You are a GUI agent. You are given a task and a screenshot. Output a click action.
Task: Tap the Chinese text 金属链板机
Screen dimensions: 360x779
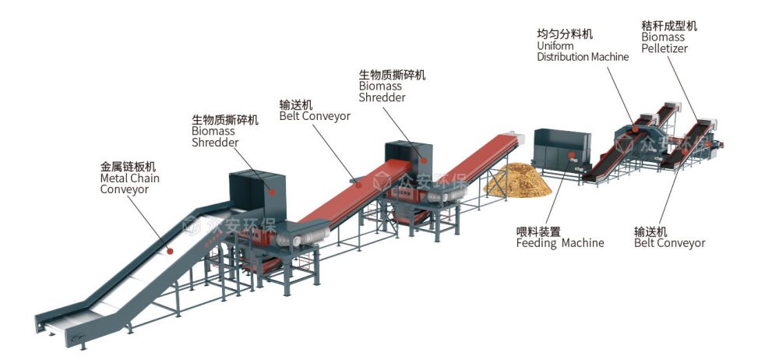pyautogui.click(x=128, y=167)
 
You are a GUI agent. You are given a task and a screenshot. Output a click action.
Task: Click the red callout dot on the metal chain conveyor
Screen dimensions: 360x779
pyautogui.click(x=170, y=250)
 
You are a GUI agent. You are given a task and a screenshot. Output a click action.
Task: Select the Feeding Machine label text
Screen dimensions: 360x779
pyautogui.click(x=559, y=243)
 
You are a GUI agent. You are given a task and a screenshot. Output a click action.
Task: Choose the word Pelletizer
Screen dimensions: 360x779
pyautogui.click(x=664, y=48)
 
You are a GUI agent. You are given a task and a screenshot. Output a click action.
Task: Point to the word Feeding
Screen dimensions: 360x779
pyautogui.click(x=537, y=243)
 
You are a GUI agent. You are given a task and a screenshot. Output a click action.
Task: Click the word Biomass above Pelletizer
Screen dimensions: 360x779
pyautogui.click(x=663, y=37)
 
